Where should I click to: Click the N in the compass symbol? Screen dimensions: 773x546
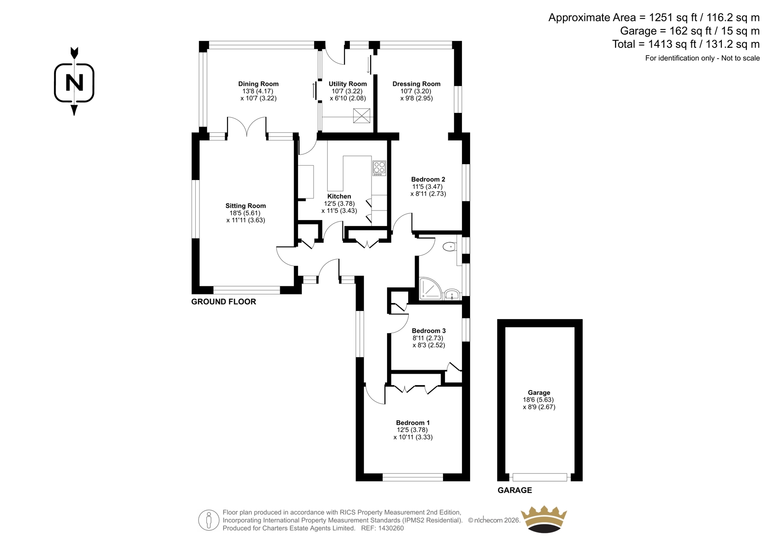point(74,83)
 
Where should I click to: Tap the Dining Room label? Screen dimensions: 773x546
point(258,84)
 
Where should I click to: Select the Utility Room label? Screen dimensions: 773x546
point(347,84)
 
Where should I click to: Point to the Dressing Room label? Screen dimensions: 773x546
point(416,84)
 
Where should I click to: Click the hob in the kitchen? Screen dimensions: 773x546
point(379,168)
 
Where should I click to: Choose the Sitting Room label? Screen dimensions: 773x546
point(246,206)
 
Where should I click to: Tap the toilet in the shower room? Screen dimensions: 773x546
point(449,247)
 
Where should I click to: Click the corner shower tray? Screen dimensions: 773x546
point(430,288)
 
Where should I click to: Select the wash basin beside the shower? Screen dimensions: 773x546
point(452,294)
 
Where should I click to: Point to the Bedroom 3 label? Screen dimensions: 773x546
point(429,331)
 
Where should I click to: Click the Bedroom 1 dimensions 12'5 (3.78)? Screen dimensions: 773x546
point(412,430)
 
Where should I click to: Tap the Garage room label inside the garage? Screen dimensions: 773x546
point(539,392)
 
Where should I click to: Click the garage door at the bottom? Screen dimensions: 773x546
point(540,477)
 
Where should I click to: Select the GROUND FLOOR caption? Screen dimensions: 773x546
point(224,302)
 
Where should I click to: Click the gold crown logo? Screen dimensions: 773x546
point(544,519)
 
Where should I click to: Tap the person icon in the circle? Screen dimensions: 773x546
point(208,520)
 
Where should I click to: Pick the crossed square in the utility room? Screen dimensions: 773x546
point(361,115)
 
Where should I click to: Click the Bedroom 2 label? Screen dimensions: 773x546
point(428,180)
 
